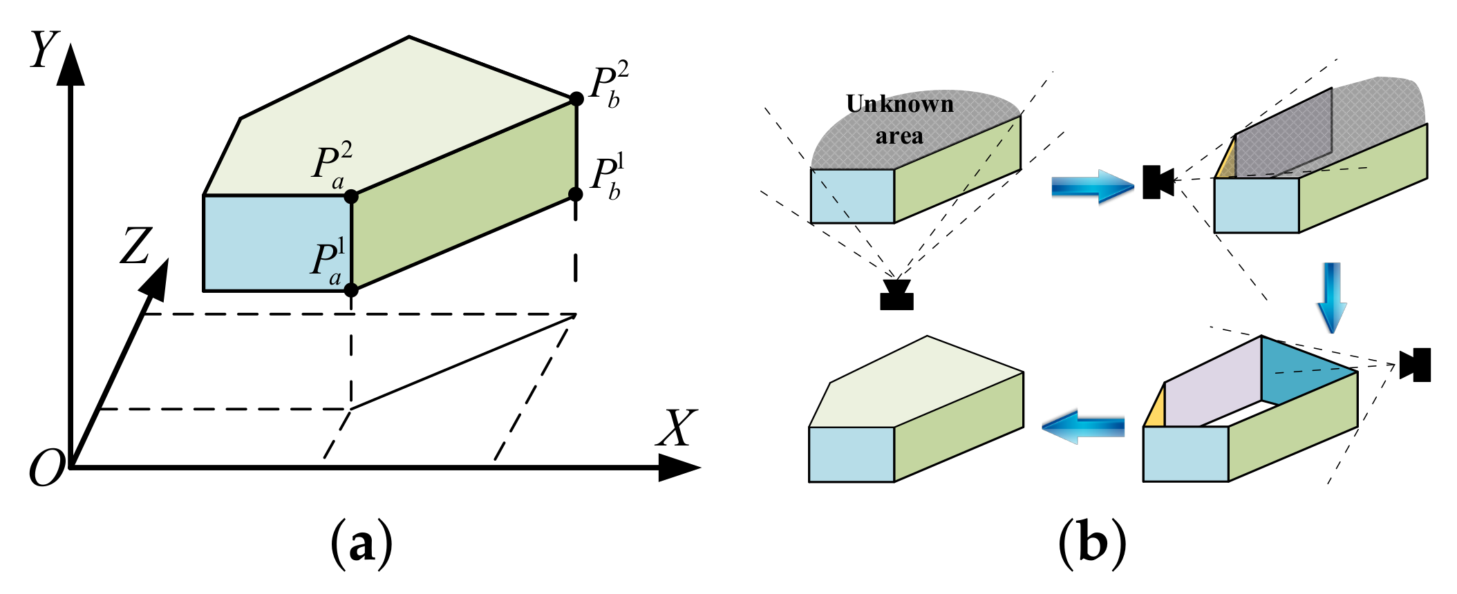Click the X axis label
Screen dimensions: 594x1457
(676, 428)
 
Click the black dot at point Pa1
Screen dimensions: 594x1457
(351, 289)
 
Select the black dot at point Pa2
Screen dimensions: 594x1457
(351, 197)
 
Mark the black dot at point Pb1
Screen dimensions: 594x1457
(576, 194)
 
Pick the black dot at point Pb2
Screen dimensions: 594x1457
(576, 99)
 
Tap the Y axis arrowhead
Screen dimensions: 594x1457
(70, 66)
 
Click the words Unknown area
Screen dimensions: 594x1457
(899, 119)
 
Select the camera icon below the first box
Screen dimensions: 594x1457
(897, 295)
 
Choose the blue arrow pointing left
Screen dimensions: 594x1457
(1082, 427)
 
